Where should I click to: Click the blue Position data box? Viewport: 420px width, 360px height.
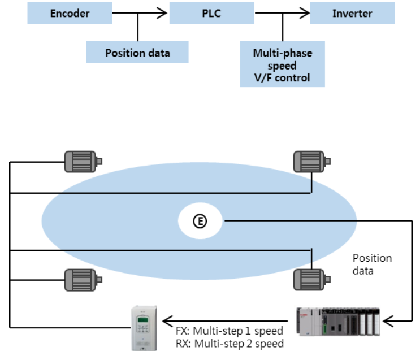[x=137, y=53]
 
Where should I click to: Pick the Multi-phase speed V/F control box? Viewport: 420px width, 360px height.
[x=282, y=66]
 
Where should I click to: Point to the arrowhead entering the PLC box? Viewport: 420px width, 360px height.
[x=164, y=12]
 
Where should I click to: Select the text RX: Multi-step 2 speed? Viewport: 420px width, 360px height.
[x=230, y=343]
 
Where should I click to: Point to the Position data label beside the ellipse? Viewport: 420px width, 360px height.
[x=371, y=264]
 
